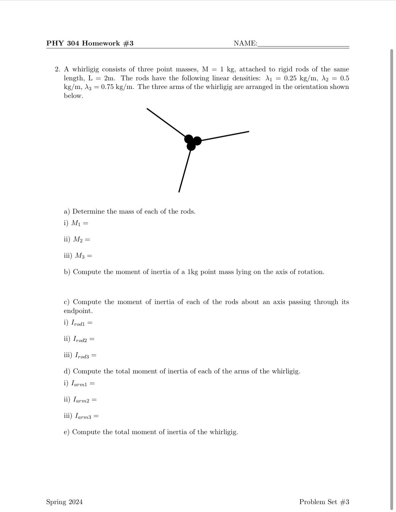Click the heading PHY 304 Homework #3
click(x=90, y=43)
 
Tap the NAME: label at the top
click(x=245, y=43)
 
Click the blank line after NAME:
click(x=303, y=46)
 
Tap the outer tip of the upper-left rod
click(x=147, y=109)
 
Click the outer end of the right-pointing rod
click(x=248, y=131)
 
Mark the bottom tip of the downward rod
click(x=179, y=191)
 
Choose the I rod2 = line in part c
click(x=84, y=339)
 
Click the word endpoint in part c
click(x=78, y=311)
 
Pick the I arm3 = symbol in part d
click(x=86, y=416)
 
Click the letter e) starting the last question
click(x=66, y=432)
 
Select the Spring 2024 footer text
click(x=64, y=502)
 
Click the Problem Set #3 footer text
click(x=324, y=502)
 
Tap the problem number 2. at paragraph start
click(x=57, y=69)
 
